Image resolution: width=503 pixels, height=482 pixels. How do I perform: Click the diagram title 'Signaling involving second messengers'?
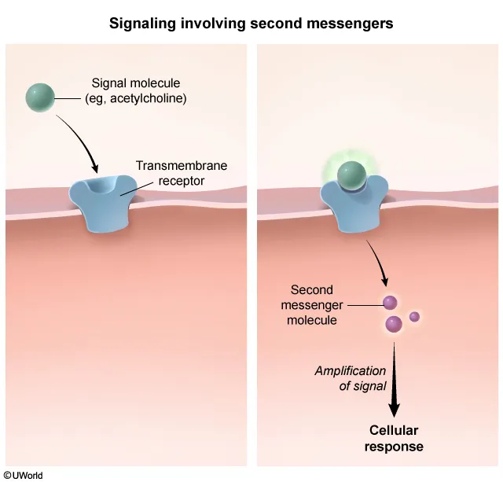click(251, 24)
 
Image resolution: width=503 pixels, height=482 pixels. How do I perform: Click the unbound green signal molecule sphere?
click(40, 98)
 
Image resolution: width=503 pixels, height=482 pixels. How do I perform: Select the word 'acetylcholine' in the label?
click(154, 99)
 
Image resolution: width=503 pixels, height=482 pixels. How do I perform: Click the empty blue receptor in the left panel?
click(101, 203)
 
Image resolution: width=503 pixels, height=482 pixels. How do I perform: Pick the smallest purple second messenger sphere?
click(414, 316)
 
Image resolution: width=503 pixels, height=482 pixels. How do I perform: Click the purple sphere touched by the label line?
click(389, 303)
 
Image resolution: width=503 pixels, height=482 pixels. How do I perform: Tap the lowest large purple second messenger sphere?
click(394, 323)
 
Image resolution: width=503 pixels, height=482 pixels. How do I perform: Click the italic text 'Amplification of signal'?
click(351, 378)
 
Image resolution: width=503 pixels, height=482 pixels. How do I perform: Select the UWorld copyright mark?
click(23, 475)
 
